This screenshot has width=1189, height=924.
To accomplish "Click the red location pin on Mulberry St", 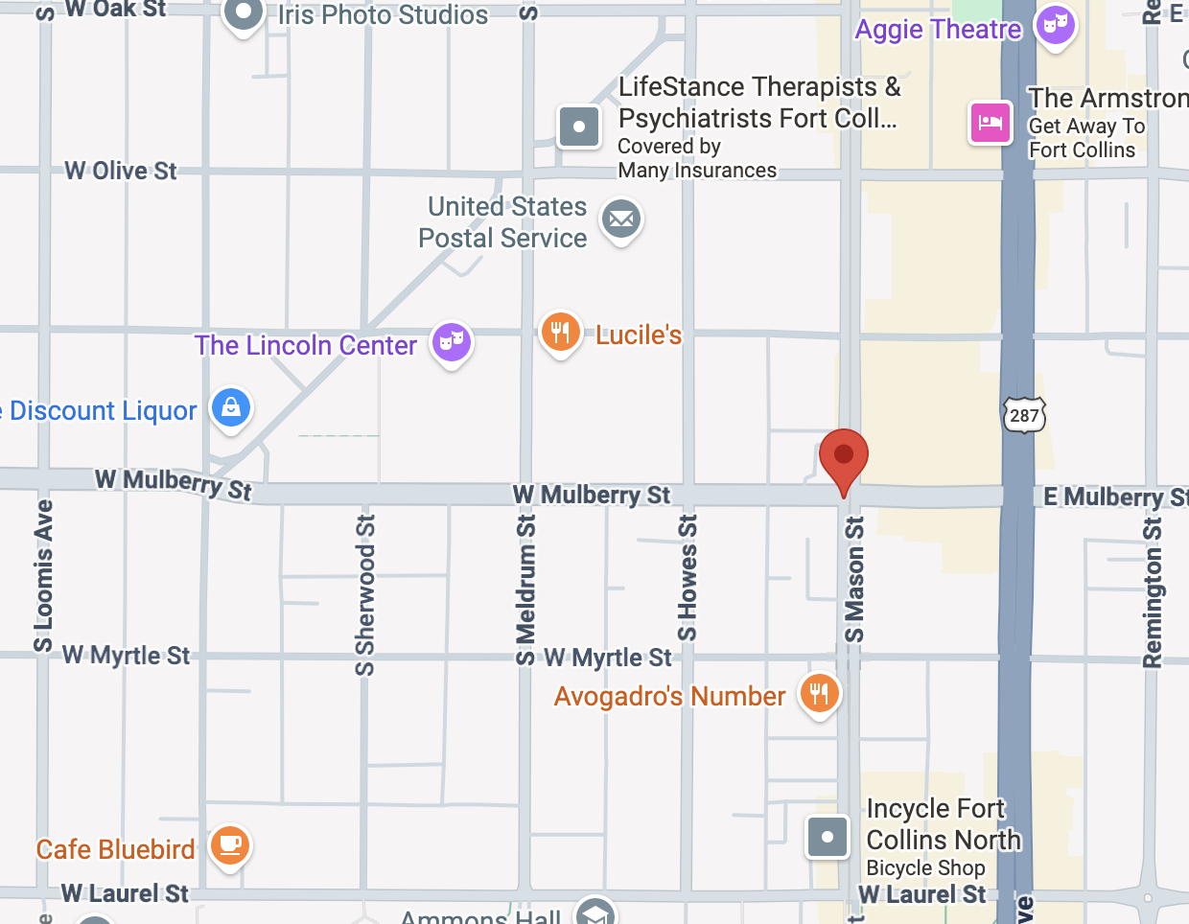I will point(844,457).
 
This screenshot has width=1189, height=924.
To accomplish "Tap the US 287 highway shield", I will point(1024,415).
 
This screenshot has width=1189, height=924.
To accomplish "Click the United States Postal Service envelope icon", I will point(621,219).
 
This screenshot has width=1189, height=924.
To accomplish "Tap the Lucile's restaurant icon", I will point(560,332).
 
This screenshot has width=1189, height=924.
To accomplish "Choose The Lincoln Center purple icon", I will point(451,341).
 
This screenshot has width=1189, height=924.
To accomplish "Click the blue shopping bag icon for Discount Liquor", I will point(231,408).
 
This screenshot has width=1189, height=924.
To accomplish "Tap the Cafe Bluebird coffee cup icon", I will point(230,845).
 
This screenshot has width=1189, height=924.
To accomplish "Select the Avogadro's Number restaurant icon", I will point(819,693).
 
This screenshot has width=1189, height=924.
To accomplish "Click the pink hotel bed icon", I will point(990,123).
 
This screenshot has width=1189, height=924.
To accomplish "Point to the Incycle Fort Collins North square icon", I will point(828,837).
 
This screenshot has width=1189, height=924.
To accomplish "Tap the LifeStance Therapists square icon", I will point(579,127).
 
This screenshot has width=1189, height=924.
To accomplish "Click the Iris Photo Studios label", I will point(383,15).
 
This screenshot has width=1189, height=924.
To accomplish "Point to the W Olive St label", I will point(121,171).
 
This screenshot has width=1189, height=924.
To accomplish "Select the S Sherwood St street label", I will point(365,594).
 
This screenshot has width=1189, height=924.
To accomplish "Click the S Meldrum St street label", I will point(525,589).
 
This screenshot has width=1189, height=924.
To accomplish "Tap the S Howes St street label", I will point(688,578).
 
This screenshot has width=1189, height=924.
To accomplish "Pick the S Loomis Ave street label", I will point(43,575).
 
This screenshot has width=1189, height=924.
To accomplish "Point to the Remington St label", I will point(1153,592).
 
